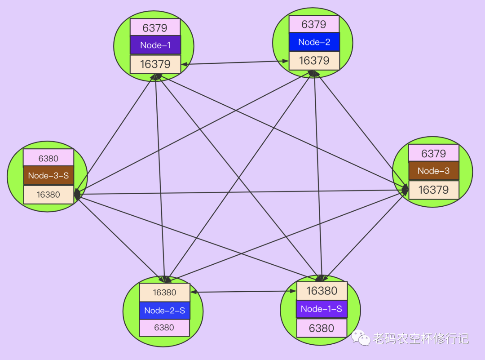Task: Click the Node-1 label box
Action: (x=155, y=45)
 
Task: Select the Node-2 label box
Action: (x=314, y=42)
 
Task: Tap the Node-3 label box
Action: (x=433, y=171)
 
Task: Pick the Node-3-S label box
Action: (x=48, y=176)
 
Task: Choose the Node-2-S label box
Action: (x=164, y=311)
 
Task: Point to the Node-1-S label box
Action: (x=322, y=309)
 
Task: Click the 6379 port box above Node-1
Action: (x=155, y=27)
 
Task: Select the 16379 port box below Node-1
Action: (x=155, y=64)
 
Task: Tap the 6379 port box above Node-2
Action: (x=314, y=24)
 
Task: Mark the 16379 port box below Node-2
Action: (x=314, y=61)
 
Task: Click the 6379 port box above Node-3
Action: (x=433, y=153)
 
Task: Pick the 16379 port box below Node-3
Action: (x=433, y=190)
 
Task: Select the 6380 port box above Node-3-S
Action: (x=48, y=158)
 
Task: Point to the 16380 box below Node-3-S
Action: (x=48, y=195)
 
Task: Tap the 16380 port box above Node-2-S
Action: (x=164, y=293)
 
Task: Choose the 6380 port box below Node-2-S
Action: (x=164, y=328)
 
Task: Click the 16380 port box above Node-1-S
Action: (x=322, y=291)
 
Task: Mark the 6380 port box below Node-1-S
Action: (x=322, y=328)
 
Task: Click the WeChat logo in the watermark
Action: (x=361, y=338)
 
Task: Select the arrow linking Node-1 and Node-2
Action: (x=235, y=62)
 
